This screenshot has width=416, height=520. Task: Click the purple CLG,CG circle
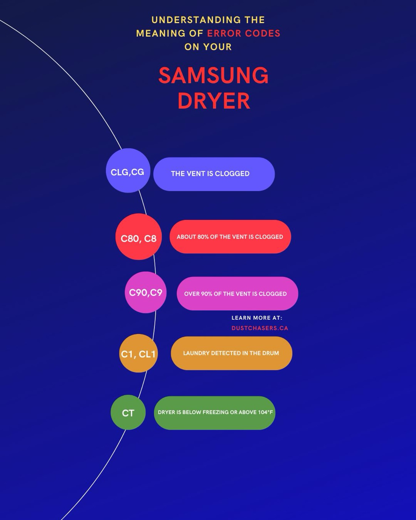point(128,171)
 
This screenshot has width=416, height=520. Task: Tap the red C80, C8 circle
point(138,237)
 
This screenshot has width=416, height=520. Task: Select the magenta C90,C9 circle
point(145,292)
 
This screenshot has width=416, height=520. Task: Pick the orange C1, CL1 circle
point(138,353)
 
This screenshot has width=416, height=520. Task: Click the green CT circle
point(128,412)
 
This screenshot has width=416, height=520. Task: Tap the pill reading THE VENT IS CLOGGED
point(214,174)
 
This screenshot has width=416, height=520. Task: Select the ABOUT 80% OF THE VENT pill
point(230,237)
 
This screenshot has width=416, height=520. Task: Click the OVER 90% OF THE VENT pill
point(237,294)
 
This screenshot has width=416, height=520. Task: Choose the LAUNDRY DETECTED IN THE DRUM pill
point(231,353)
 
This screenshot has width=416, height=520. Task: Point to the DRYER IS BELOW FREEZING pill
point(214,413)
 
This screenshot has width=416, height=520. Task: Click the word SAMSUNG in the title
point(214,75)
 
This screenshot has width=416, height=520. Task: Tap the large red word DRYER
point(214,101)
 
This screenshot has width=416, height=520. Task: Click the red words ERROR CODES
point(243,33)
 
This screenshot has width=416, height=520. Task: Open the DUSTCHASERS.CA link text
point(260,328)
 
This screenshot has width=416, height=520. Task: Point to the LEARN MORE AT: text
point(257,318)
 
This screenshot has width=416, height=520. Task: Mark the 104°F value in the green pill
point(265,412)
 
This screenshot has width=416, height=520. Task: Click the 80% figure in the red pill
point(203,237)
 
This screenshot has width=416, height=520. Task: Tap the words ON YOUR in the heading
point(208,47)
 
